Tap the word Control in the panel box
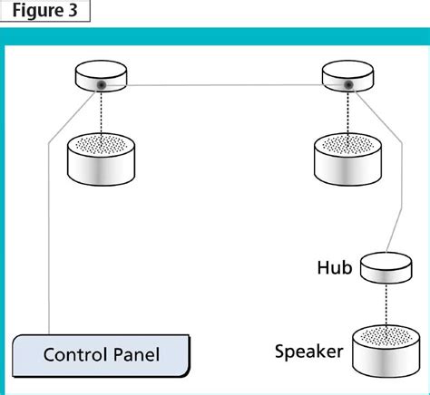click(74, 354)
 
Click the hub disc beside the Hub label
click(386, 268)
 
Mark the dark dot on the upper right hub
click(348, 85)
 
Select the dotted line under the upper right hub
click(348, 113)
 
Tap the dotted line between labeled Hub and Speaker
click(386, 302)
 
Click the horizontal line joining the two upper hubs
click(222, 85)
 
